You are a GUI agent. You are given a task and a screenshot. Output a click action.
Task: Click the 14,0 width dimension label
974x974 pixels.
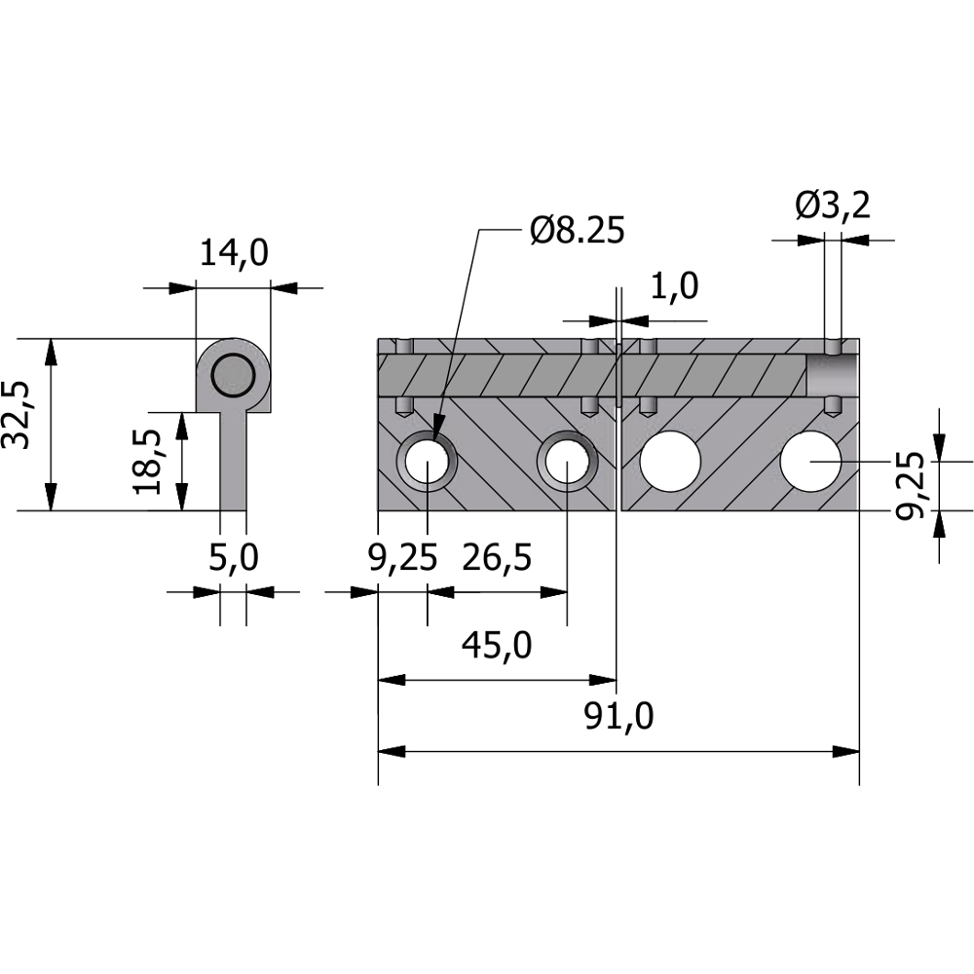click(234, 253)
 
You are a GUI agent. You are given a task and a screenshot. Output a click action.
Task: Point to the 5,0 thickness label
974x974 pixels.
click(234, 558)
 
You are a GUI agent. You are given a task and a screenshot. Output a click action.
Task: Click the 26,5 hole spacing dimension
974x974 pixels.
click(498, 558)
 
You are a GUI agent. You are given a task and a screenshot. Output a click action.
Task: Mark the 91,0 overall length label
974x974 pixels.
click(618, 717)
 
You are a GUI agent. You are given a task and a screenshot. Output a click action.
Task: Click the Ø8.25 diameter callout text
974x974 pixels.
click(576, 231)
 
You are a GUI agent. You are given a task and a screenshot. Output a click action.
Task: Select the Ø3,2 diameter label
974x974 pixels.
click(832, 206)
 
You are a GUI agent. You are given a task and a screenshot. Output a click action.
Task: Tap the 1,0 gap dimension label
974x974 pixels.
click(674, 286)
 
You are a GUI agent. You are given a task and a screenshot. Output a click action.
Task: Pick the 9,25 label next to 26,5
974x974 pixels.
click(399, 558)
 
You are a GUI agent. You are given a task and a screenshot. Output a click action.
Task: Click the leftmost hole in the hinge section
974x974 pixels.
click(427, 461)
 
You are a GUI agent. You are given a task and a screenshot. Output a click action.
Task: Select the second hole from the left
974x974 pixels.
click(567, 461)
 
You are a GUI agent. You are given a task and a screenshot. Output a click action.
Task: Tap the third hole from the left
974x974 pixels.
click(671, 460)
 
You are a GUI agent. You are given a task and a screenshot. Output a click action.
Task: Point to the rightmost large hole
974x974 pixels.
click(811, 460)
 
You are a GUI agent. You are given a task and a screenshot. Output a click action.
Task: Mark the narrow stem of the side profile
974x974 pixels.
click(233, 463)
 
